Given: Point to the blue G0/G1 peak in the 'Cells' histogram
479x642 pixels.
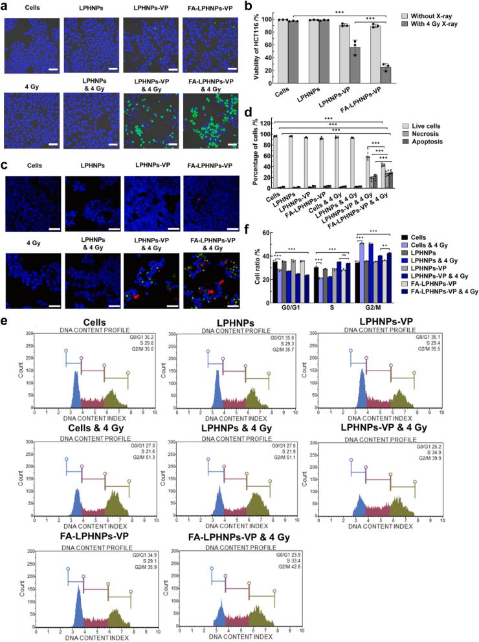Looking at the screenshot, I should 76,388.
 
